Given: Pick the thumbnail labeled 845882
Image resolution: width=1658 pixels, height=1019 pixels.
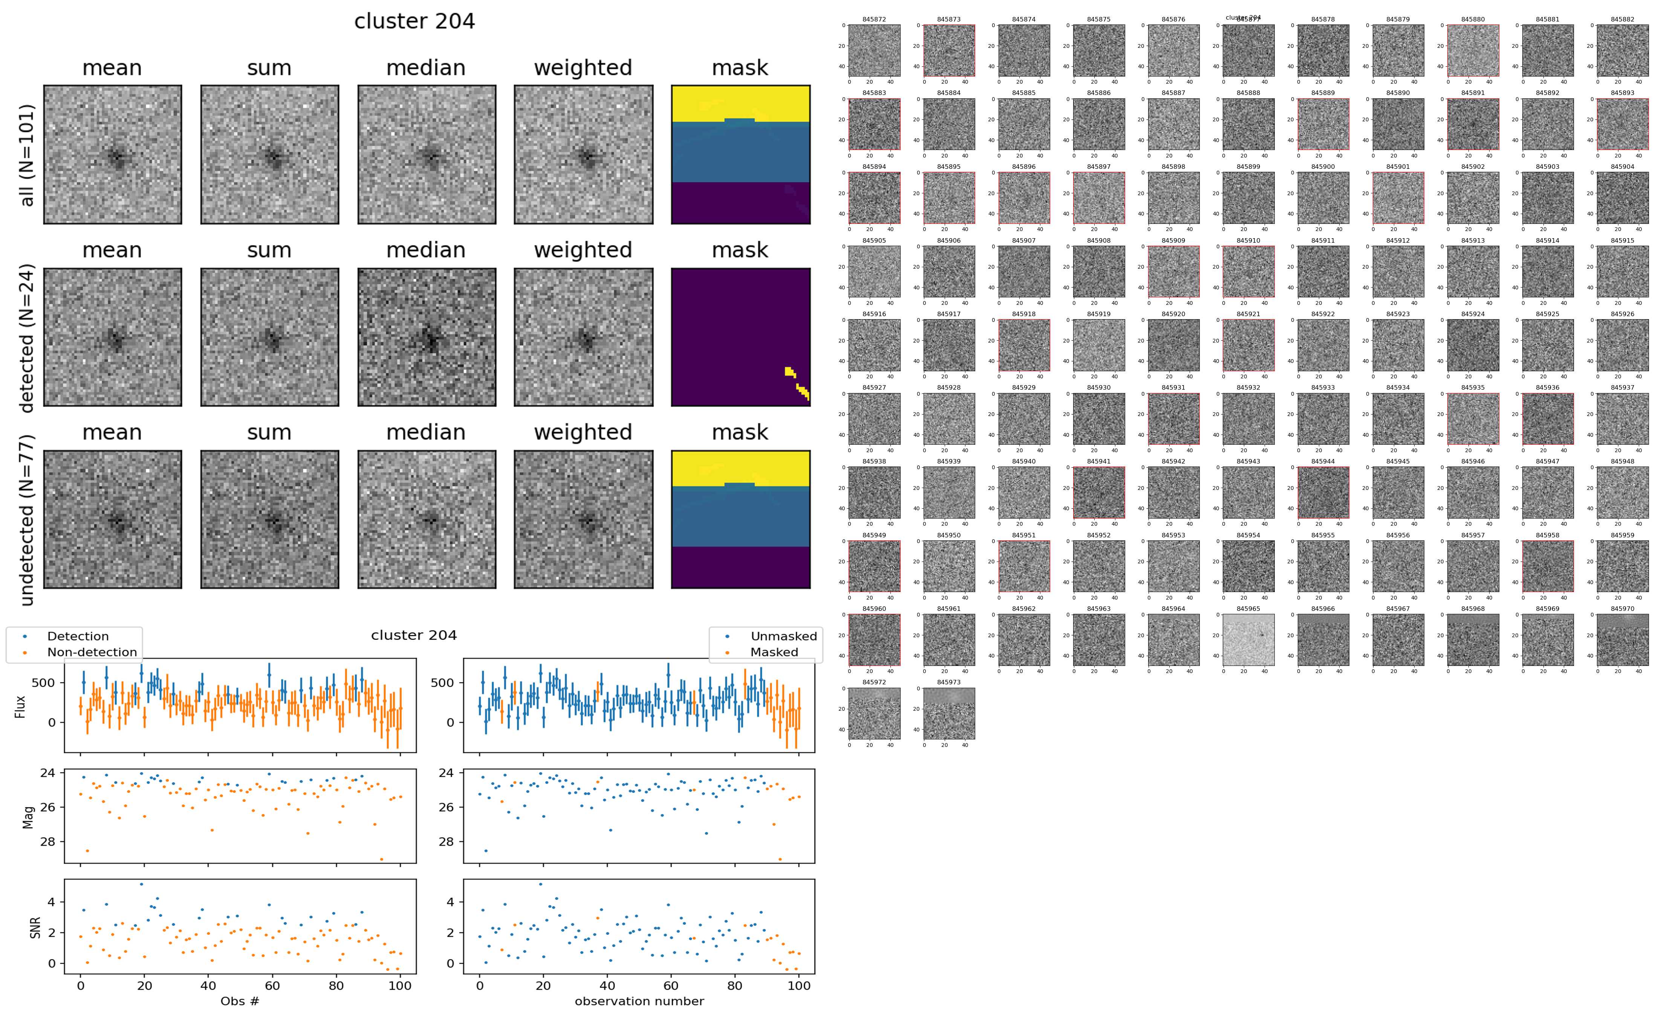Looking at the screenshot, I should [1622, 50].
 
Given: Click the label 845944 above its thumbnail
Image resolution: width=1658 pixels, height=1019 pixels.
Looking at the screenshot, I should [1323, 462].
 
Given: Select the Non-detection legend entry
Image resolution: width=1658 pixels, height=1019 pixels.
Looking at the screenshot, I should [92, 652].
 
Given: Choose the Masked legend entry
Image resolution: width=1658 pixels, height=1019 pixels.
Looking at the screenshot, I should [774, 652].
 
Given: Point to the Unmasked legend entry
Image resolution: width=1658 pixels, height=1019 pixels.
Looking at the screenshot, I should [783, 636].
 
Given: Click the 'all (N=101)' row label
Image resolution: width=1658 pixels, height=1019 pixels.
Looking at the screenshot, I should [27, 155].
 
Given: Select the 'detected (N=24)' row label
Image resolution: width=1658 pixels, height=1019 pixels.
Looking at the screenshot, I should [27, 338].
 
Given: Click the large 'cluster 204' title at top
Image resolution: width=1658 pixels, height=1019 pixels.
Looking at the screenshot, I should [414, 21].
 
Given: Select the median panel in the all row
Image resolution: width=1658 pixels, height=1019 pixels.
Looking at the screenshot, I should [427, 155].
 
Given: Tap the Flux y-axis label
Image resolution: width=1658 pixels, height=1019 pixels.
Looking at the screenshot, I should [21, 706].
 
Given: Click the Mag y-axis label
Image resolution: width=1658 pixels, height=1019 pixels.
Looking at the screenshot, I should [28, 817].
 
